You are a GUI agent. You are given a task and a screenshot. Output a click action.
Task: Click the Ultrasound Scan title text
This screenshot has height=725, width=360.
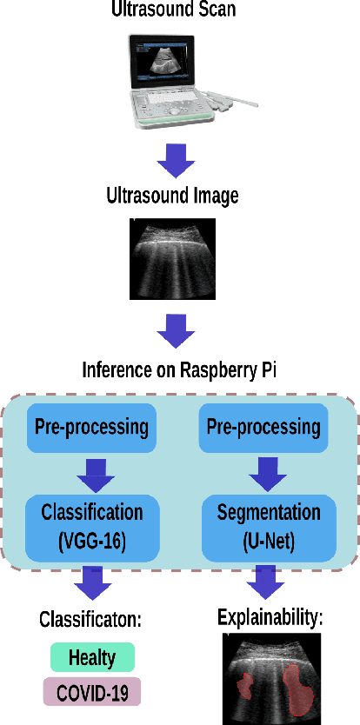pos(172,10)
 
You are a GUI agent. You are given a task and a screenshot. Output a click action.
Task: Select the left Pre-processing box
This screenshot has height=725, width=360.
pos(91,428)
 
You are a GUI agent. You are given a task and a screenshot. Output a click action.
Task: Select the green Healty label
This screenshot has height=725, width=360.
pos(92,657)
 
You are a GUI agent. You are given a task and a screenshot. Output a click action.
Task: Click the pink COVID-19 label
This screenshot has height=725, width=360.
pos(92,693)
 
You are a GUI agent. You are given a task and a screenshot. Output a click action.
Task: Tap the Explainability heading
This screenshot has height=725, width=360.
pos(270,618)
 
